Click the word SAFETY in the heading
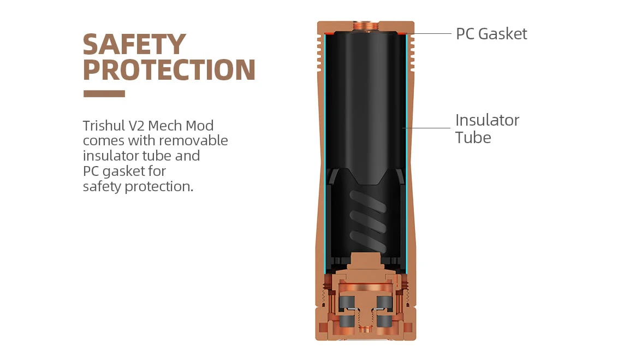tap(134, 45)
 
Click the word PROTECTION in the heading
tap(169, 70)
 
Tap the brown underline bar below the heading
tap(104, 93)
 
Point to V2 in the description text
tap(136, 126)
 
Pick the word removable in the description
tap(193, 140)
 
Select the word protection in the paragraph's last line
tap(159, 187)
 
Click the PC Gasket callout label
tap(491, 34)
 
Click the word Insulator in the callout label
tap(487, 120)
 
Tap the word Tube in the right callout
tap(473, 138)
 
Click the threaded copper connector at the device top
tap(364, 25)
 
